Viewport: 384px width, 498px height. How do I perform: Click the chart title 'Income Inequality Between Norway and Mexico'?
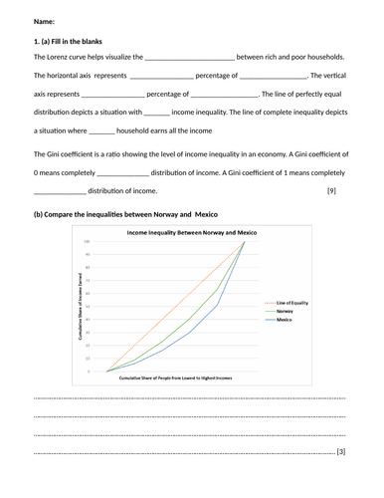[191, 231]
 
